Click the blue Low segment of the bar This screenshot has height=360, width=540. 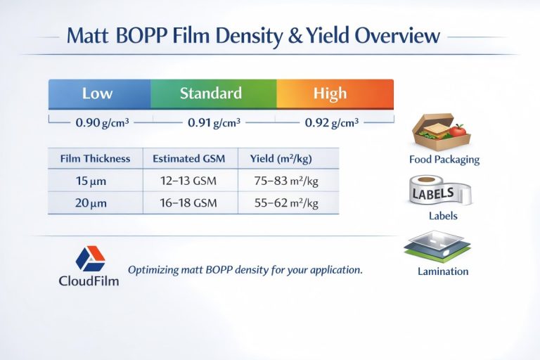pyautogui.click(x=98, y=94)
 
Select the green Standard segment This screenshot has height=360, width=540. pyautogui.click(x=211, y=94)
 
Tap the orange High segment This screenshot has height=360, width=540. pyautogui.click(x=330, y=94)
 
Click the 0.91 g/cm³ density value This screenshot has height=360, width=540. pyautogui.click(x=214, y=122)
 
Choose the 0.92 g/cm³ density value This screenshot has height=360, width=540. pyautogui.click(x=331, y=122)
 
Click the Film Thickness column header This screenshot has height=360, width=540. pyautogui.click(x=96, y=159)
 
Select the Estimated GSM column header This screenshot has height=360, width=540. pyautogui.click(x=189, y=159)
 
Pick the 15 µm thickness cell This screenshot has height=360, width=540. pyautogui.click(x=91, y=181)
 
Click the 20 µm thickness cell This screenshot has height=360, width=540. pyautogui.click(x=91, y=203)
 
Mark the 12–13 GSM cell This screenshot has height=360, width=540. pyautogui.click(x=188, y=181)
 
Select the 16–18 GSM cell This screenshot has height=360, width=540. pyautogui.click(x=188, y=203)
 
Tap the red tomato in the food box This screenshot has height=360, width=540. pyautogui.click(x=458, y=130)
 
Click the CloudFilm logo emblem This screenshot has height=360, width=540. pyautogui.click(x=90, y=258)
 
